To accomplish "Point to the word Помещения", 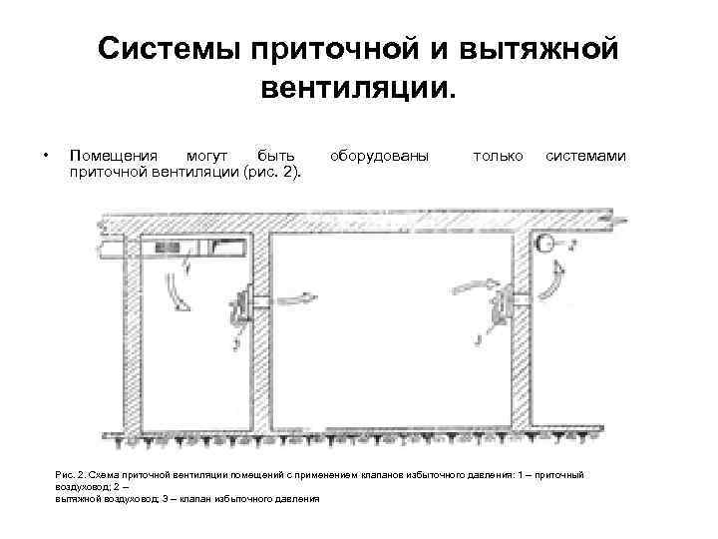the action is click(112, 156).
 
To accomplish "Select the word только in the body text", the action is click(498, 156).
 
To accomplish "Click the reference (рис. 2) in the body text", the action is click(272, 174).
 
